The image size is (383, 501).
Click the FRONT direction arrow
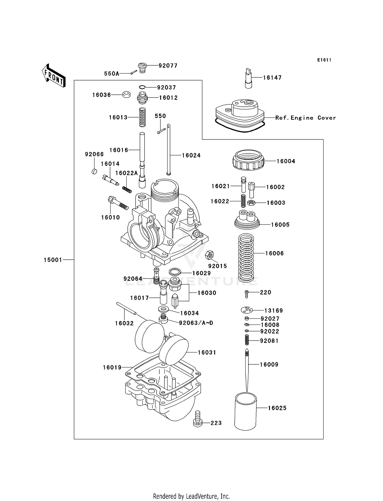(x=54, y=76)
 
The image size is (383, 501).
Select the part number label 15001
(x=53, y=260)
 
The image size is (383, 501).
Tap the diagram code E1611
(x=324, y=60)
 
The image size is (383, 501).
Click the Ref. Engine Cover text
(x=305, y=118)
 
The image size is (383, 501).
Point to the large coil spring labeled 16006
(x=246, y=257)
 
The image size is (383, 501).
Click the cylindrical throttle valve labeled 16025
(x=245, y=412)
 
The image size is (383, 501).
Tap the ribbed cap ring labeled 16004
(x=248, y=160)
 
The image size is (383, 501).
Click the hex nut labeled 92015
(x=209, y=255)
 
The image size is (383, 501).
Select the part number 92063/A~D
(x=196, y=323)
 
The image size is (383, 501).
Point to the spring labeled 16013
(x=142, y=117)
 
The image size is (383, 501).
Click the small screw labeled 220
(x=247, y=294)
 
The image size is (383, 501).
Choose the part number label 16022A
(x=126, y=173)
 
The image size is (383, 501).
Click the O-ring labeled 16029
(x=175, y=271)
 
